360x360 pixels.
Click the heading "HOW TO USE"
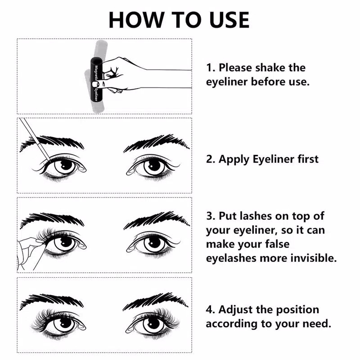click(x=179, y=19)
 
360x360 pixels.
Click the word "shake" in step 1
click(x=271, y=68)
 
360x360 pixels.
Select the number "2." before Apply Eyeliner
click(x=211, y=159)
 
